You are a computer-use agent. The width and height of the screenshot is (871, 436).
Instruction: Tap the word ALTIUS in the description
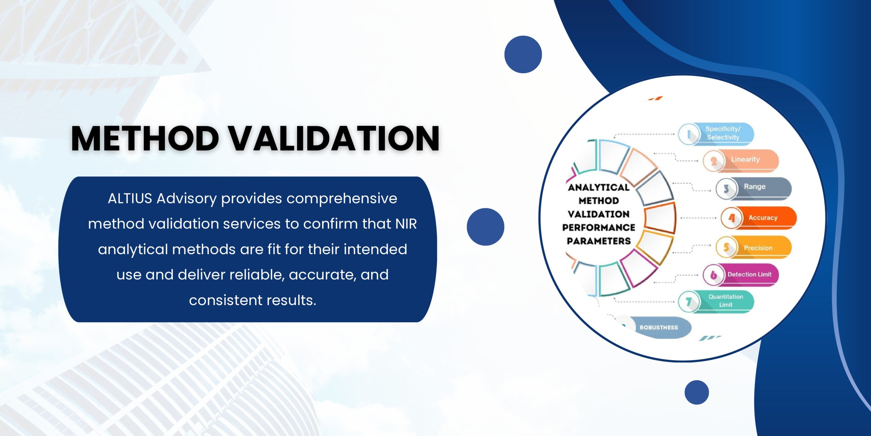[x=130, y=198]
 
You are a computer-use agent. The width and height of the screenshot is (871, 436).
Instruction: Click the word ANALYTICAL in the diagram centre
[x=599, y=187]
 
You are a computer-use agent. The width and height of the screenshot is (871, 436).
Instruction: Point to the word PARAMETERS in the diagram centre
[x=599, y=241]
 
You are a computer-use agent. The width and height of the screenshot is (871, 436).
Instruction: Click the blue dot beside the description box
[x=486, y=227]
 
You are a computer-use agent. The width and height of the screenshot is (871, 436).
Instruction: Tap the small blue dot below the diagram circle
[x=697, y=392]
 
